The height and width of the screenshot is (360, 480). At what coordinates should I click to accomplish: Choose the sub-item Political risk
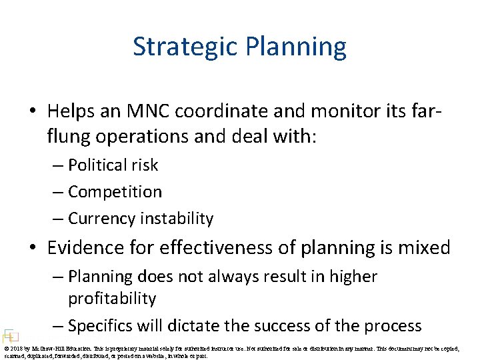[x=113, y=165]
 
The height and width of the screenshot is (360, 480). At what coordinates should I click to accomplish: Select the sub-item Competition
[x=115, y=192]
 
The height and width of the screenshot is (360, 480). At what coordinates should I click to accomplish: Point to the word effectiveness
[x=221, y=248]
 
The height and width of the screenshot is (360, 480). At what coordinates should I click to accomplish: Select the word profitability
[x=112, y=299]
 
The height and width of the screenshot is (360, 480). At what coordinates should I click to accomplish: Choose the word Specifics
[x=101, y=326]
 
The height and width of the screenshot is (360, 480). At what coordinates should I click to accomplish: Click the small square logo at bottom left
[x=10, y=336]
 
